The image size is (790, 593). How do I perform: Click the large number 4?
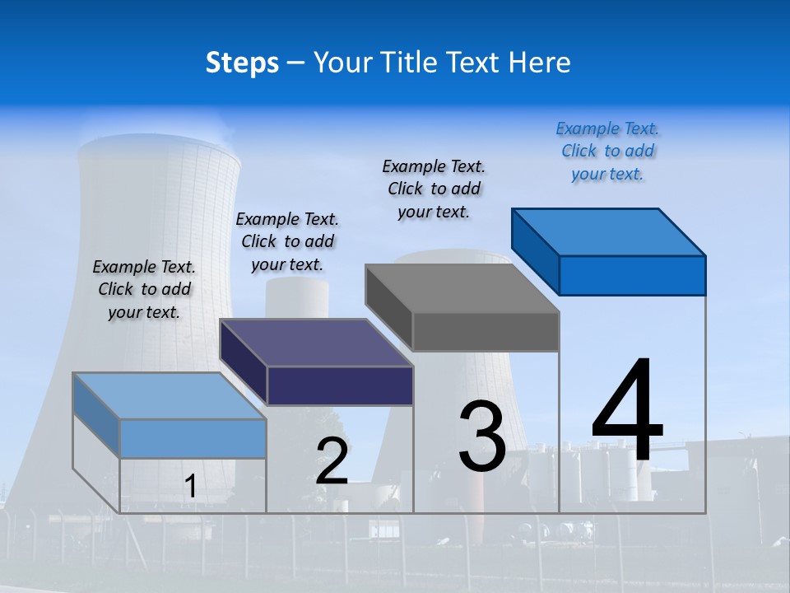[627, 412]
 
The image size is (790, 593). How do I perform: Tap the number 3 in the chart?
[482, 437]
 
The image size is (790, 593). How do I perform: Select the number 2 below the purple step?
[332, 461]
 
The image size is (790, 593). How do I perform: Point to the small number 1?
[190, 487]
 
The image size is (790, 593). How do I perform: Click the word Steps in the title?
[242, 63]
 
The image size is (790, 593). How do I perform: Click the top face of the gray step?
[462, 288]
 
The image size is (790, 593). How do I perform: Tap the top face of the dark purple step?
[316, 343]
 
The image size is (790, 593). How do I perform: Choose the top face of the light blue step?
[170, 396]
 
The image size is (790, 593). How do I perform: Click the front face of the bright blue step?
[632, 275]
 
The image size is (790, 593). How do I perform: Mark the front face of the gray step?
[486, 331]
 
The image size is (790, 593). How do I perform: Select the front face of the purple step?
[340, 385]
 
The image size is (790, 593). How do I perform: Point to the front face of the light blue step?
[193, 438]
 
